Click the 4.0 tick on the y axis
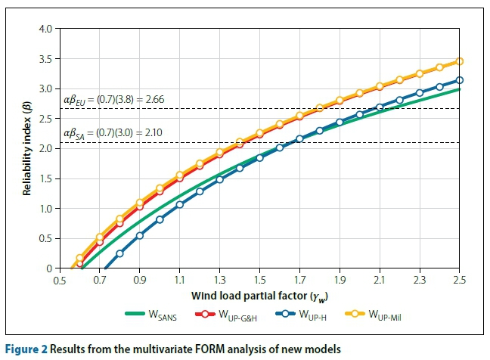(x=46, y=29)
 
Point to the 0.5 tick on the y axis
(x=46, y=238)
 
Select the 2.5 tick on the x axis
(x=459, y=280)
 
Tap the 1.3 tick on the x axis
(x=220, y=280)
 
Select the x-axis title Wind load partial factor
(x=260, y=294)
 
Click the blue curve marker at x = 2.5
(x=459, y=80)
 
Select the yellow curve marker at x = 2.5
(x=459, y=61)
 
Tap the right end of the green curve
(x=459, y=89)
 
